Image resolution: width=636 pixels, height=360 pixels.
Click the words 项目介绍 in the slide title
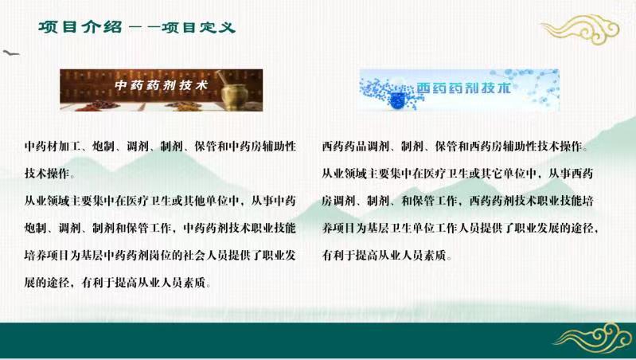[80, 27]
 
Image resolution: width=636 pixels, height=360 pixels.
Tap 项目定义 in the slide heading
[198, 27]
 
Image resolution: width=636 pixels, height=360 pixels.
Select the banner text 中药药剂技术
[161, 85]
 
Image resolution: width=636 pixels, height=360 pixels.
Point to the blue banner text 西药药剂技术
[463, 88]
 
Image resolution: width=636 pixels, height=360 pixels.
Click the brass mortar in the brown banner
[234, 93]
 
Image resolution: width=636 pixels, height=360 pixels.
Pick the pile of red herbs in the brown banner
[97, 106]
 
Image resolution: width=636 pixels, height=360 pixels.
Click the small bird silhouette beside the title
[10, 53]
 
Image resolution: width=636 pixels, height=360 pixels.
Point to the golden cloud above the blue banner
[580, 29]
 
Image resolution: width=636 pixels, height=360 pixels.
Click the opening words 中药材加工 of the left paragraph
[53, 147]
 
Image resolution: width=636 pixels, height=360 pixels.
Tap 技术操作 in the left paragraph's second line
[47, 174]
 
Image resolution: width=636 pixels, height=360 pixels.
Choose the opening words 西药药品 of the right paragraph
[345, 147]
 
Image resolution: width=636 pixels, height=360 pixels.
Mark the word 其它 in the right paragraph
[492, 174]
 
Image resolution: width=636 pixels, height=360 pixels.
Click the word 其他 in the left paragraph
[194, 201]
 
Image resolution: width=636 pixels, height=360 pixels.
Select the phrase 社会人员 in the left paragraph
[205, 256]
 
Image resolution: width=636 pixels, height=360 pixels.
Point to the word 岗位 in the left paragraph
[161, 256]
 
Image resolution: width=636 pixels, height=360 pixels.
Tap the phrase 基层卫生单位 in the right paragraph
[401, 228]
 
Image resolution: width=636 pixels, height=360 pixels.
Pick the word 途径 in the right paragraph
[583, 228]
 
